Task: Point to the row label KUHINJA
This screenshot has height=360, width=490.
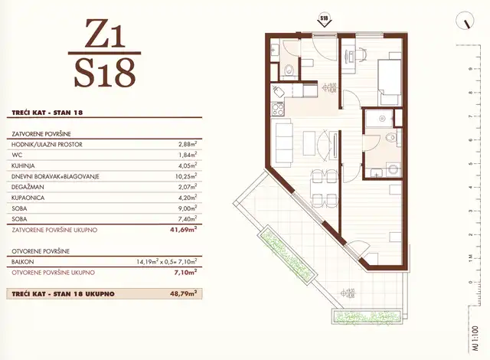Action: [26, 165]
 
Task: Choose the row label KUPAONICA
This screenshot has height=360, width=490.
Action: [30, 197]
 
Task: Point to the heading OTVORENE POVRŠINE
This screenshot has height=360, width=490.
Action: [42, 250]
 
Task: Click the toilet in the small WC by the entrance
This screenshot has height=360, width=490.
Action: [289, 72]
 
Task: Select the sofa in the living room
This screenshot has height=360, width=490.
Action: [283, 142]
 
